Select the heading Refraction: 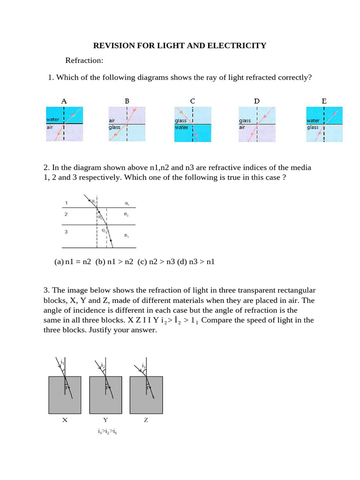[x=84, y=60]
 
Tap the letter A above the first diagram [x=64, y=101]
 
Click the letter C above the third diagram [x=192, y=101]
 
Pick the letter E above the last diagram [x=324, y=101]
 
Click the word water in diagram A [x=52, y=120]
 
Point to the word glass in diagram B [x=114, y=127]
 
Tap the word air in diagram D [x=242, y=127]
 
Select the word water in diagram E [x=314, y=120]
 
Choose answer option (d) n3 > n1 [x=195, y=262]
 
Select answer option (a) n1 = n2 [x=74, y=262]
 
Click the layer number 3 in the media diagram [x=66, y=231]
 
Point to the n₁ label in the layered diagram [x=127, y=203]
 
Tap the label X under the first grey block [x=65, y=420]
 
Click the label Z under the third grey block [x=146, y=420]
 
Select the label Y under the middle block [x=105, y=420]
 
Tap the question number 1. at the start [x=51, y=77]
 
